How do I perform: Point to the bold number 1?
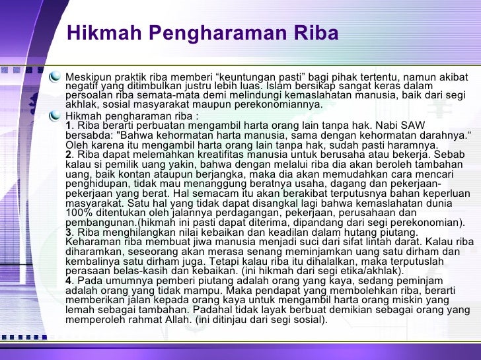pos(69,126)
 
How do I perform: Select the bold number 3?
pos(69,233)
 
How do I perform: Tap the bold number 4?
pos(69,280)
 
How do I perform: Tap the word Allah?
pos(172,320)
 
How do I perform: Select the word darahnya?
pos(437,135)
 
